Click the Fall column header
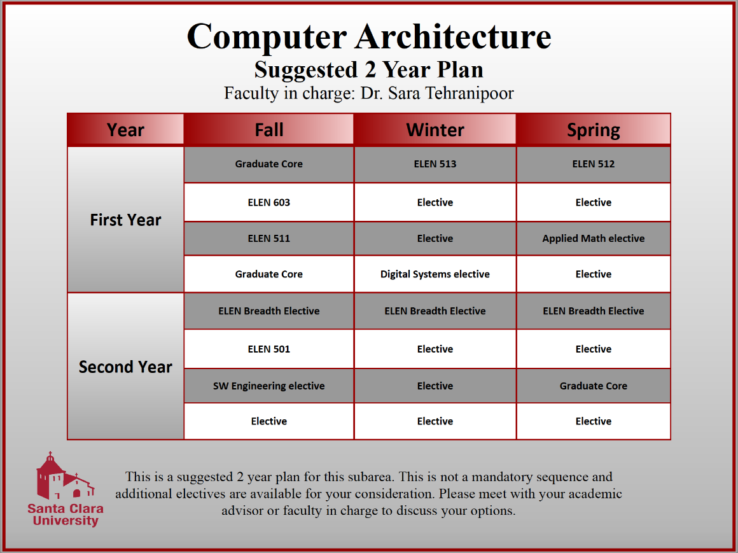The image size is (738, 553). click(269, 130)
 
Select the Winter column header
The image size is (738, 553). click(435, 130)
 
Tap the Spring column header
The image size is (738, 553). click(594, 130)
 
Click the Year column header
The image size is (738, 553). click(125, 130)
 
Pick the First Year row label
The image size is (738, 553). click(125, 220)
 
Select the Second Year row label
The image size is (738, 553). click(125, 367)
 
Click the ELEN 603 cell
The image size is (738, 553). click(269, 202)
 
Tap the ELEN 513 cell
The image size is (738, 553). click(435, 164)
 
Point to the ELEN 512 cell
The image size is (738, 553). click(594, 164)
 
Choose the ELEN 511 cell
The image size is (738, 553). click(269, 239)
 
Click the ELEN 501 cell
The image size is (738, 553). click(269, 349)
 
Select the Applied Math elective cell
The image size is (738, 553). click(594, 239)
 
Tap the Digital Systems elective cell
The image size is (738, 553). click(435, 274)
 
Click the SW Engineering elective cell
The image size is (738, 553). click(269, 386)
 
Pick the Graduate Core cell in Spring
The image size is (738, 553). click(594, 386)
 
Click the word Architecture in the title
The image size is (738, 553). click(453, 36)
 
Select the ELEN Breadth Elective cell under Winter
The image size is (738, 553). click(435, 311)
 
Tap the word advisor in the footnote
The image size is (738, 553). click(251, 510)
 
